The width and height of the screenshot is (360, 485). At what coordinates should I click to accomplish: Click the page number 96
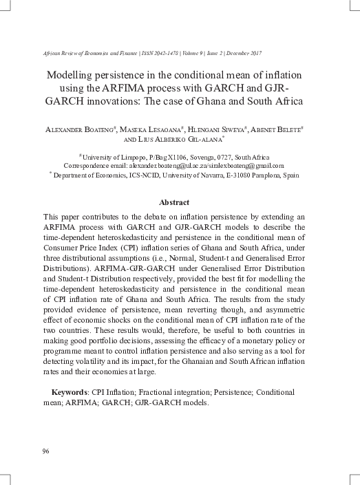tap(46, 451)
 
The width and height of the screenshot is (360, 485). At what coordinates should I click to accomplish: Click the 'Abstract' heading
tap(174, 202)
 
